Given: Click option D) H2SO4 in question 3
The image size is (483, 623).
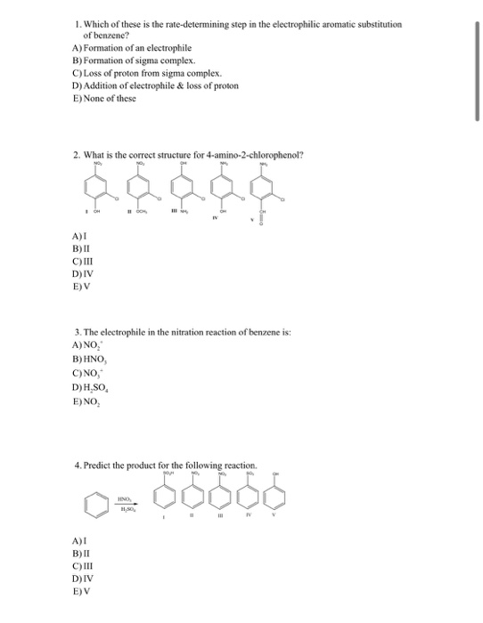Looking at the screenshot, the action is (x=91, y=386).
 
